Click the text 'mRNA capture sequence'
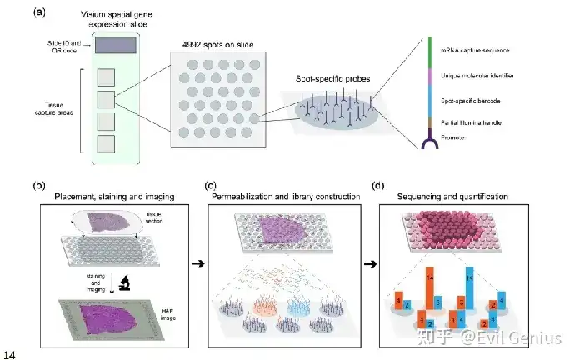pos(475,51)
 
